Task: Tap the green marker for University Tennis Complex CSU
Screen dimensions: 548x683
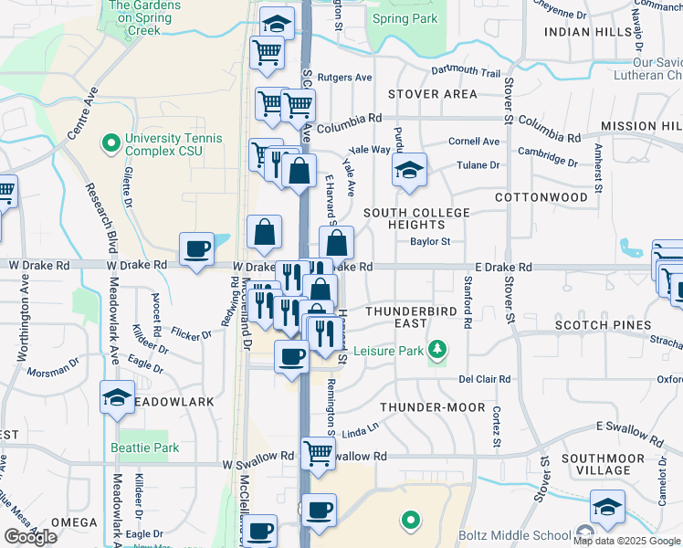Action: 111,143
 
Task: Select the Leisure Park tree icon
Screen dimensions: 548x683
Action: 438,349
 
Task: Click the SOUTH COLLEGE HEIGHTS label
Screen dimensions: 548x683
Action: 416,219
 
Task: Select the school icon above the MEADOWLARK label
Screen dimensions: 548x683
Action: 118,397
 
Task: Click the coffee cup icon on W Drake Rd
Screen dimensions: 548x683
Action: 197,248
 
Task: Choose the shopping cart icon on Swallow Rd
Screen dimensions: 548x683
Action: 318,450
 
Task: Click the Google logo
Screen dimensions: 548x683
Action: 30,537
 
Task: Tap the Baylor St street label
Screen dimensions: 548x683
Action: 430,242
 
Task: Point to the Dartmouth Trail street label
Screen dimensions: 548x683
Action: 466,71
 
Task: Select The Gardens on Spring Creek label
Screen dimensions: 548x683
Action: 144,17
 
